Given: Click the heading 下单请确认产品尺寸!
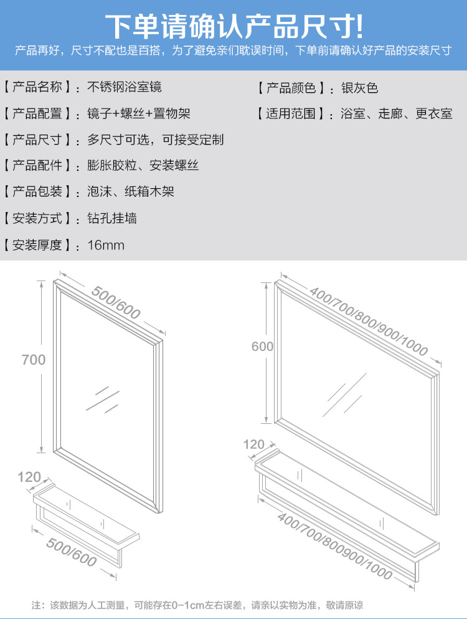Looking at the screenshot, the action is (x=233, y=26).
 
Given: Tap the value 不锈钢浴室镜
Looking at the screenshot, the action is (x=125, y=87).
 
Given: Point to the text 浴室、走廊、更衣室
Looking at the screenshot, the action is (x=397, y=113).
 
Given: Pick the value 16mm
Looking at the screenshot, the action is (x=106, y=245).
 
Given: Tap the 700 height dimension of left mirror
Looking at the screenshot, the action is (x=33, y=360).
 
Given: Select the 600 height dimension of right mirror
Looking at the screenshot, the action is (x=262, y=347).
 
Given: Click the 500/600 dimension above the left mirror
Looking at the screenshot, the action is (x=116, y=302).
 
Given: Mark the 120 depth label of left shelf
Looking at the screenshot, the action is (x=29, y=477).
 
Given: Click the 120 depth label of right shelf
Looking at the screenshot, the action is (x=253, y=445).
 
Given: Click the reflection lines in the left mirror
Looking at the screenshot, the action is (x=103, y=399).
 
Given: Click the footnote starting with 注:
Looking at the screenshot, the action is (x=197, y=605).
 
